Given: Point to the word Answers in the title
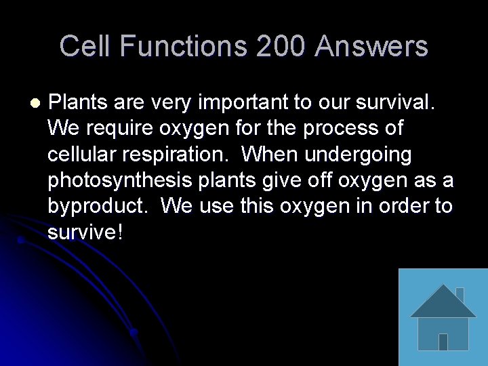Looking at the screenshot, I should click(x=371, y=47).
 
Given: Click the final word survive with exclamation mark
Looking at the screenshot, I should click(x=85, y=232).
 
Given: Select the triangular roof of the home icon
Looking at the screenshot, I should click(x=443, y=302).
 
